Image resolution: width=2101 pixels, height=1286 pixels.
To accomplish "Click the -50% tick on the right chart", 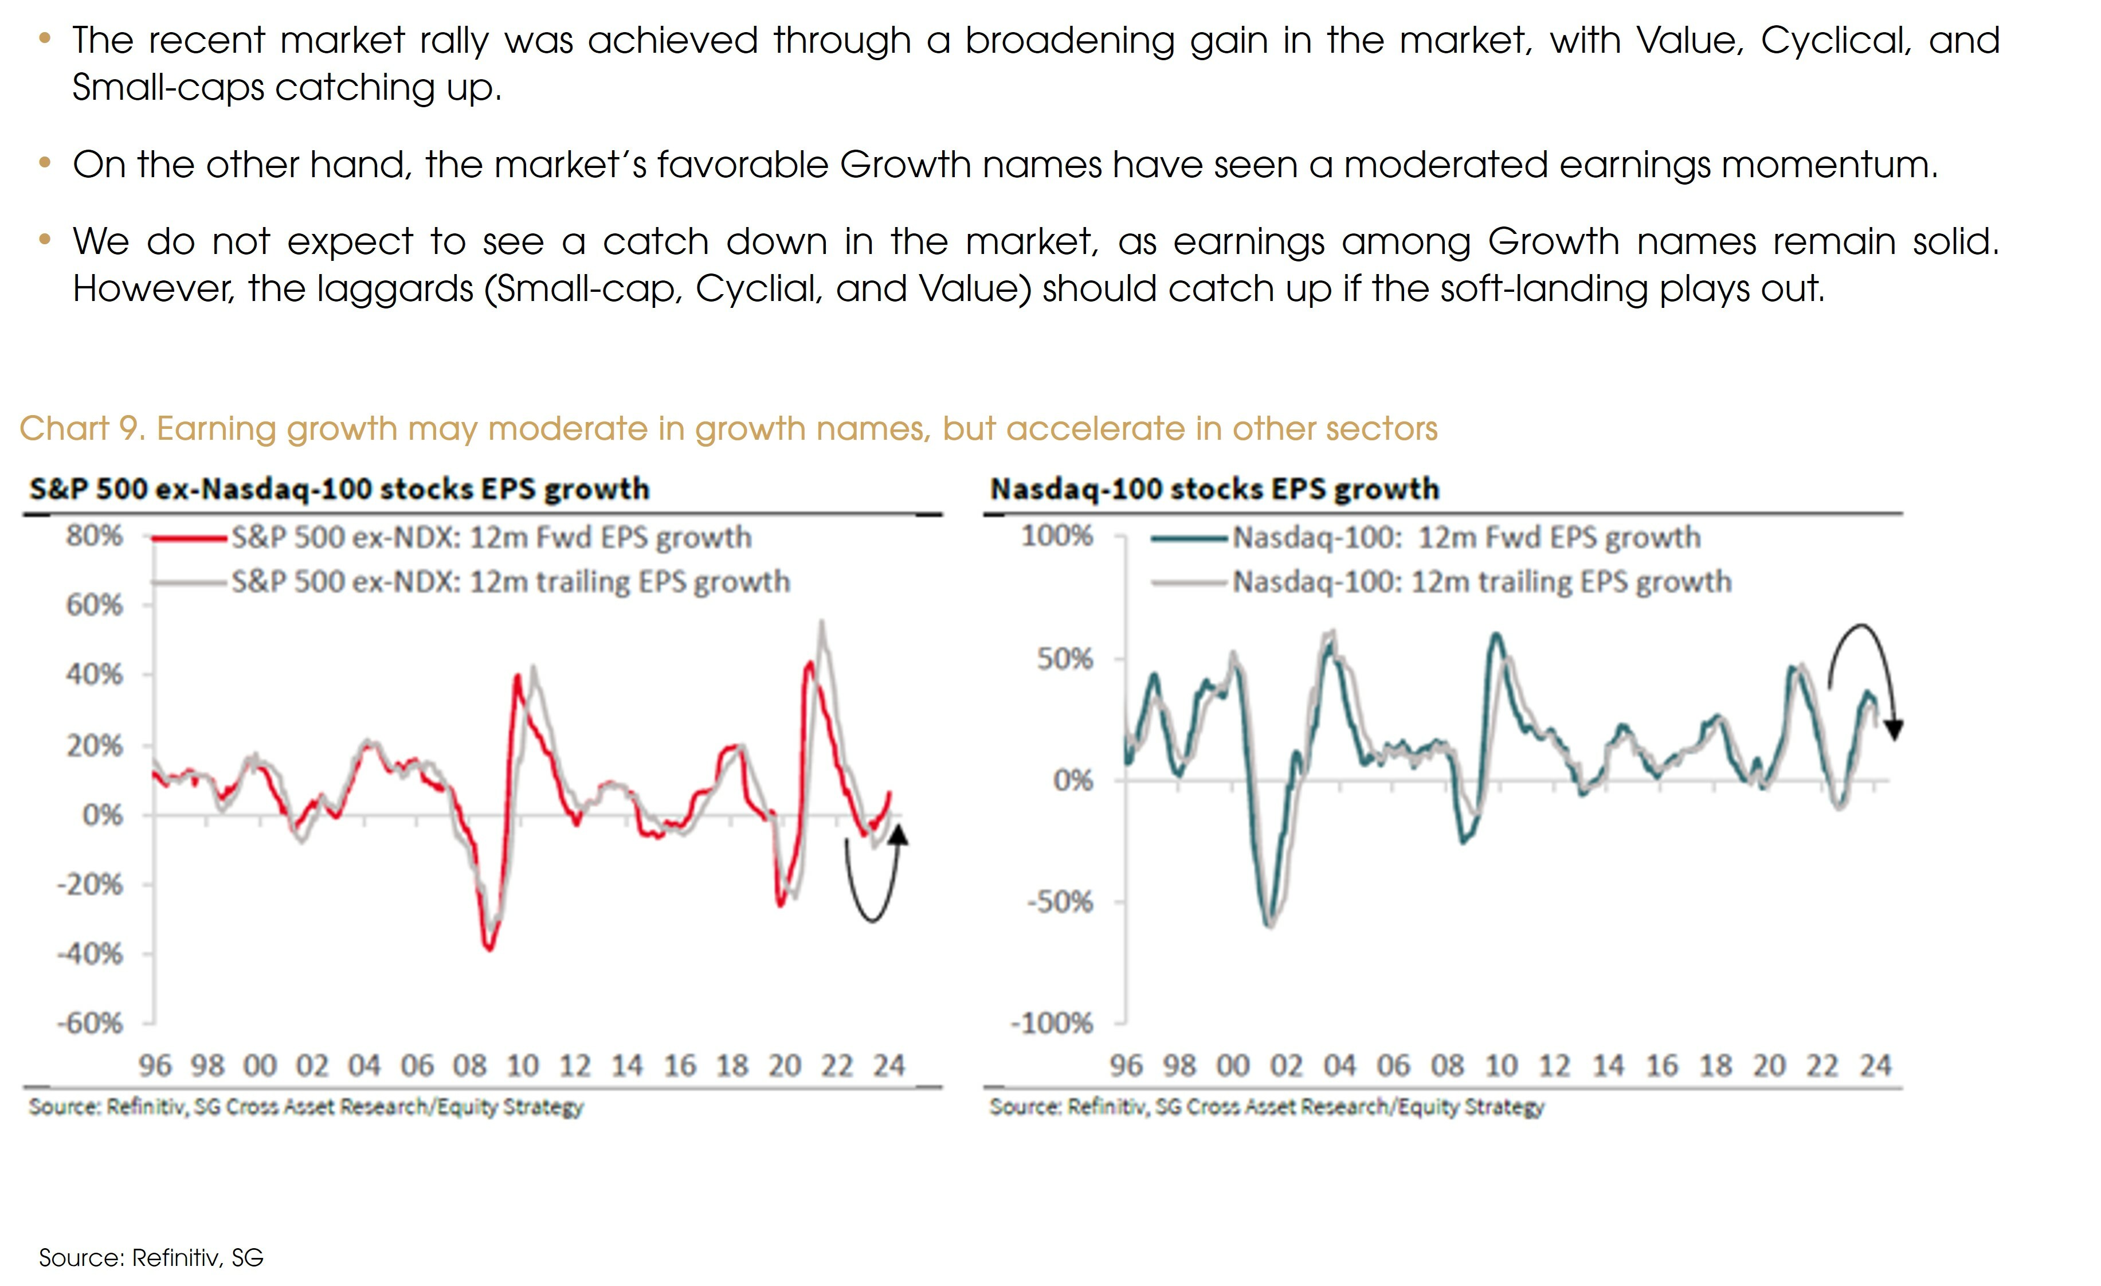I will (1060, 901).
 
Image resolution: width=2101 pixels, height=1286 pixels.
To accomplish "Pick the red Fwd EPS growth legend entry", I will (491, 537).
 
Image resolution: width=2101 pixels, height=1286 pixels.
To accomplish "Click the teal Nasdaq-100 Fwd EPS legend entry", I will (1467, 537).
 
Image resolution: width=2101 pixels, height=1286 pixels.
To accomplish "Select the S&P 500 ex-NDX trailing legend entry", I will (510, 581).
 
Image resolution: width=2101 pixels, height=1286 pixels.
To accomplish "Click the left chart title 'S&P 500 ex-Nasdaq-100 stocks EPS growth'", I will (339, 488).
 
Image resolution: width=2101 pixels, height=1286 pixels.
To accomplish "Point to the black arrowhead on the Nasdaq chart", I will (1894, 730).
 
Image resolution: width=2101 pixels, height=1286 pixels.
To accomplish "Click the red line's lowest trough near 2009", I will (489, 948).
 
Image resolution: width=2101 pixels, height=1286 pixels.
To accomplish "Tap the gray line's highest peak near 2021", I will (821, 623).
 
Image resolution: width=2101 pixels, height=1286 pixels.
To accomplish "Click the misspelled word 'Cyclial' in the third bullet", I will (757, 288).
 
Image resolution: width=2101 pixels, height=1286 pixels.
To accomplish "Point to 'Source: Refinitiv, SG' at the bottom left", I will (151, 1257).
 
